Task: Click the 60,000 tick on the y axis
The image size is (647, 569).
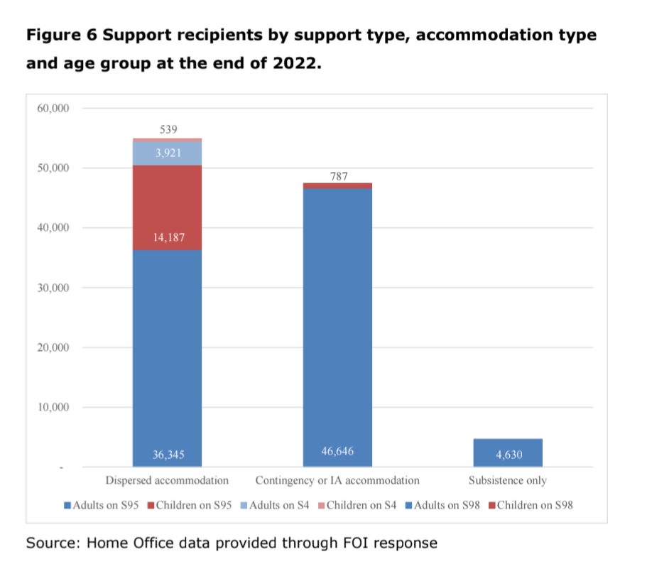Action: pyautogui.click(x=50, y=109)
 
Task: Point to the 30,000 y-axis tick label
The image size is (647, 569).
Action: pyautogui.click(x=50, y=288)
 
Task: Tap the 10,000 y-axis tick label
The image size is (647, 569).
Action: pyautogui.click(x=50, y=408)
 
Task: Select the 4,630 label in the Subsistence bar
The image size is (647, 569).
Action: pyautogui.click(x=508, y=455)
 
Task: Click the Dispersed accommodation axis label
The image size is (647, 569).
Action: pyautogui.click(x=167, y=480)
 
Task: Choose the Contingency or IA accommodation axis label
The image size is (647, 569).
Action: pyautogui.click(x=337, y=480)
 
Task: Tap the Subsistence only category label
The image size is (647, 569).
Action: pyautogui.click(x=508, y=480)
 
